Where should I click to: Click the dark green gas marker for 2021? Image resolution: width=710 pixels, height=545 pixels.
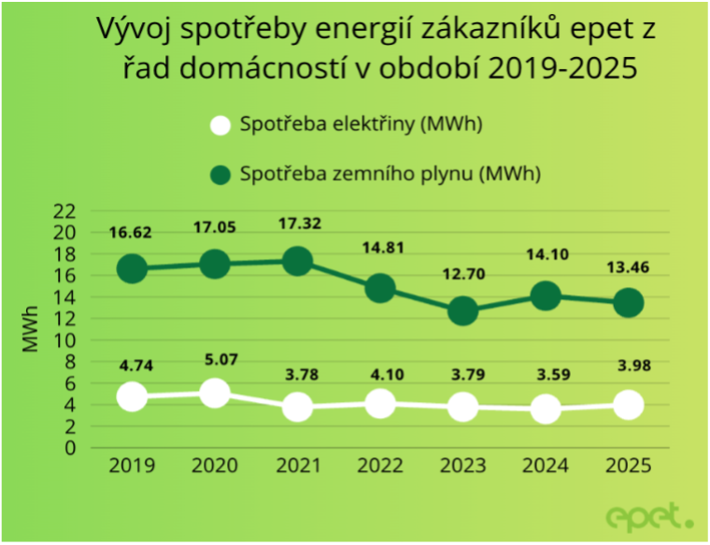(x=297, y=261)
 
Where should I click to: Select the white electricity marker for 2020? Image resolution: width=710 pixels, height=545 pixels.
(x=215, y=393)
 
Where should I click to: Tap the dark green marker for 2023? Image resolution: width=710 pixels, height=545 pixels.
(x=462, y=311)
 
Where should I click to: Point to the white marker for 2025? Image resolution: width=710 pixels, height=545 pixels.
(x=628, y=405)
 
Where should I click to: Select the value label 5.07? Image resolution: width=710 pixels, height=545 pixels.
(x=215, y=356)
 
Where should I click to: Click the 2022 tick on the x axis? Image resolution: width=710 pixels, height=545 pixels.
(x=380, y=466)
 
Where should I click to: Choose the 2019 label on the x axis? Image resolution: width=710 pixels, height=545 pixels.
(x=132, y=466)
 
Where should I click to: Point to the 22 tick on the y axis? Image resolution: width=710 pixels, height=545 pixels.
(x=64, y=211)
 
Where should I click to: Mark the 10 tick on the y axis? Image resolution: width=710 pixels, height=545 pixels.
(x=64, y=340)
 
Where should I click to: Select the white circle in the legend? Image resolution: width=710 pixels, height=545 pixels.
(x=220, y=125)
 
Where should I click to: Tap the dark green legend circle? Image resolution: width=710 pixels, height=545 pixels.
(x=220, y=174)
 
